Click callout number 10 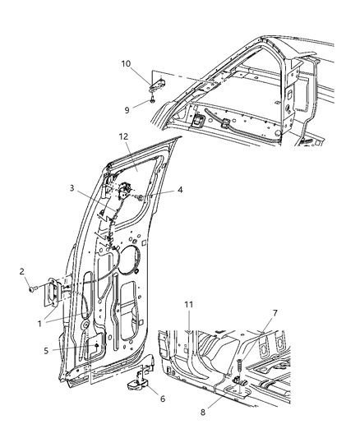pos(126,62)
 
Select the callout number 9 pos(126,107)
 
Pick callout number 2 pos(23,270)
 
